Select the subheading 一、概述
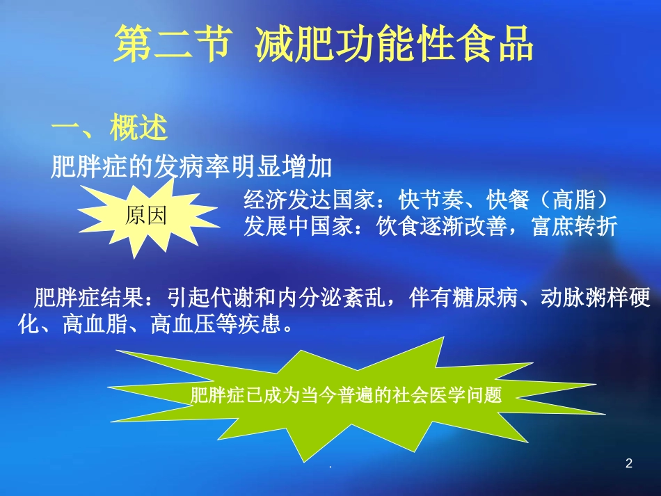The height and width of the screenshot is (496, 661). click(x=110, y=129)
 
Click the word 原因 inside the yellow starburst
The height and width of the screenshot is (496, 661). click(x=146, y=216)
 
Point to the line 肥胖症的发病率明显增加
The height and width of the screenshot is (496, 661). click(x=191, y=167)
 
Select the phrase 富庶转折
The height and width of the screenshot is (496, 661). click(x=575, y=227)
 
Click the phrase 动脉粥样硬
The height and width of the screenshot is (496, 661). click(x=596, y=299)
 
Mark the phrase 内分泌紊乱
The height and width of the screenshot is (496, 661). click(x=332, y=299)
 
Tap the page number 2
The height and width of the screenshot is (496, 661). click(x=629, y=464)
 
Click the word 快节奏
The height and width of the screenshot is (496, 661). click(x=429, y=200)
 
